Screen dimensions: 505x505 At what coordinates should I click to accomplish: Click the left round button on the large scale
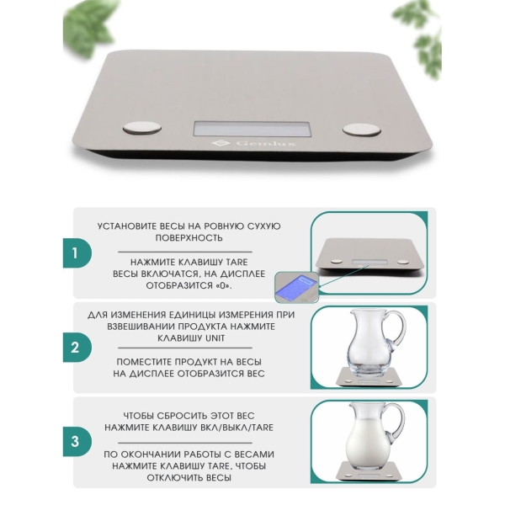tap(142, 128)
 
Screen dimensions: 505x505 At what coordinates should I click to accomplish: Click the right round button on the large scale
tap(362, 130)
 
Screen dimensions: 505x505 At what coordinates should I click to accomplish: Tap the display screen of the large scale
tap(252, 129)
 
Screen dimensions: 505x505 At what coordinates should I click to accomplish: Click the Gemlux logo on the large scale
tap(253, 143)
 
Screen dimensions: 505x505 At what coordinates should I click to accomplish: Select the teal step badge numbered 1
tap(77, 253)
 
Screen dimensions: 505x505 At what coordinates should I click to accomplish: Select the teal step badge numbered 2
tap(77, 348)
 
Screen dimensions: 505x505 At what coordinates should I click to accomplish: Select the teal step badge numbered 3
tap(77, 442)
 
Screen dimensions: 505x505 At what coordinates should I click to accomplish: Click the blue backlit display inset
tap(296, 287)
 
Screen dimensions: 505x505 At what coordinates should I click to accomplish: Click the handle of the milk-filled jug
tap(396, 424)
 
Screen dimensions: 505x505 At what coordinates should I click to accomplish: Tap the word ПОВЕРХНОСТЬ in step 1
tap(189, 238)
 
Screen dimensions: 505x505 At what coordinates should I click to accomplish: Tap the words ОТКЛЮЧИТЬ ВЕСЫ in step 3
tap(189, 477)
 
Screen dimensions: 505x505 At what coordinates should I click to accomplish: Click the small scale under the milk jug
tap(369, 470)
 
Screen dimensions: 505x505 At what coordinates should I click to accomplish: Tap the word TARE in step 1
tap(237, 262)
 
